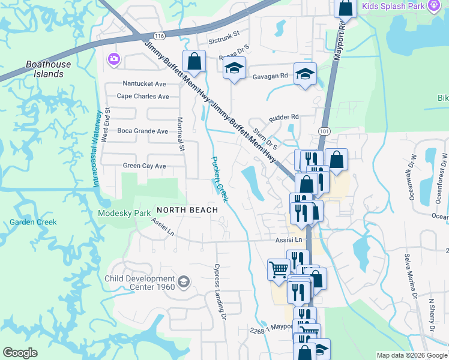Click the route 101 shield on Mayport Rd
click(x=325, y=130)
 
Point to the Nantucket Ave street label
click(x=144, y=83)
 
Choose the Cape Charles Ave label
click(x=143, y=96)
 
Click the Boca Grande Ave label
click(x=143, y=131)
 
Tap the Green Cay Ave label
click(x=144, y=166)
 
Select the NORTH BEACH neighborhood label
click(x=187, y=210)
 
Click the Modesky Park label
click(x=125, y=214)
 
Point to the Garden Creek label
click(x=33, y=222)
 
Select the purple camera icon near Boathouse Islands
click(x=113, y=59)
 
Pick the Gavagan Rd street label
click(x=270, y=76)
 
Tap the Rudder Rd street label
click(x=284, y=118)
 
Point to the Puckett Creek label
click(x=219, y=179)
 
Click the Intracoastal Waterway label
click(x=97, y=148)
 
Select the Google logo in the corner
click(x=20, y=353)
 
